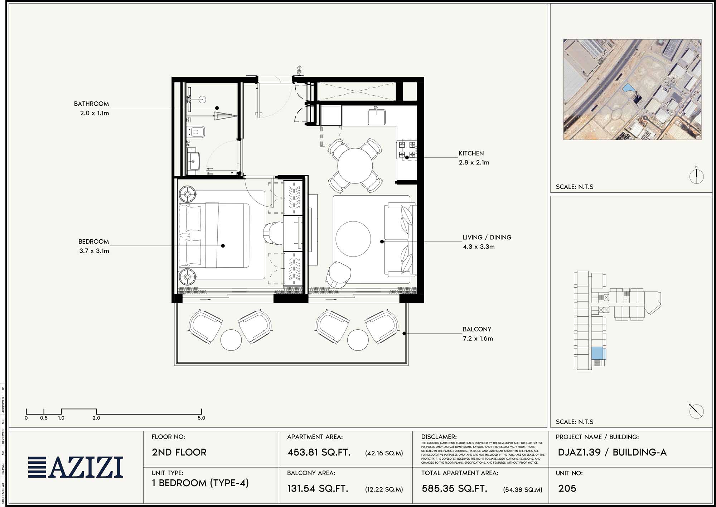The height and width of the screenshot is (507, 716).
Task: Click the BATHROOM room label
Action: pos(91,104)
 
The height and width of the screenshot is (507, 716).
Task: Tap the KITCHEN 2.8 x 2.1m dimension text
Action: pos(474,163)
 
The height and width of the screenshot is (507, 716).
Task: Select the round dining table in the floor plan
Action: pos(355,166)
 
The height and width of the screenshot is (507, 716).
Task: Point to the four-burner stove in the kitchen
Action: pos(407,150)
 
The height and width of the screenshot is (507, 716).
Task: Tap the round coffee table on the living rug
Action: pos(353,239)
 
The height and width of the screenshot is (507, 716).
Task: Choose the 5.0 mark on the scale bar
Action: pos(201,418)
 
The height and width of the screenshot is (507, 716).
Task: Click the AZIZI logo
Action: pos(76,467)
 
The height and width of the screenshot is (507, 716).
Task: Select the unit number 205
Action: pos(567,488)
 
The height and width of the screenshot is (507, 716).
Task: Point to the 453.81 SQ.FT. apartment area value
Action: pos(319,452)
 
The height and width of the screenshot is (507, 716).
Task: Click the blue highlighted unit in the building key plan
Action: pos(597,353)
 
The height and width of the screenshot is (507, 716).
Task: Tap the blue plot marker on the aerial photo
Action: pos(628,87)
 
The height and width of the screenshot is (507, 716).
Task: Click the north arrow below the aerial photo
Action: pos(696,176)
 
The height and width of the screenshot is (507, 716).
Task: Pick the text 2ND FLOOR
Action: pos(179,452)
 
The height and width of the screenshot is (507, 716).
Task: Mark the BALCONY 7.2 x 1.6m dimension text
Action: pos(478,339)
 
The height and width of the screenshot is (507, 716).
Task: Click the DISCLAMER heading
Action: pos(439,437)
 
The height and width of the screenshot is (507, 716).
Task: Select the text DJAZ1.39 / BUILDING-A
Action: pos(612,452)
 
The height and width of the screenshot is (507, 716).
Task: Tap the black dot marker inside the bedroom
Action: pos(223,246)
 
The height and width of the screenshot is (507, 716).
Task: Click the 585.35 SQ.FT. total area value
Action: pos(454,488)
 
